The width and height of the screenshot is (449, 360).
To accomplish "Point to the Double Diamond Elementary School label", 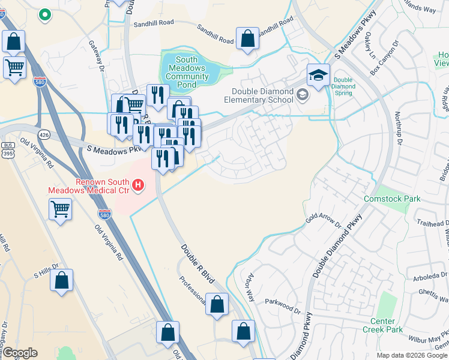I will (x=263, y=95).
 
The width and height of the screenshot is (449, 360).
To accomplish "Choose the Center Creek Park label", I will (x=382, y=325).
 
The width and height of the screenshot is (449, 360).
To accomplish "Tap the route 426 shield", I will (x=43, y=133).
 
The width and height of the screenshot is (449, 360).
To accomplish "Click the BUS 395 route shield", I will (x=8, y=150).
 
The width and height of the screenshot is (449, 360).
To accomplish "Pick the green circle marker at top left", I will (x=44, y=15).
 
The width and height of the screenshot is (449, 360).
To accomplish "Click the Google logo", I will (x=20, y=352).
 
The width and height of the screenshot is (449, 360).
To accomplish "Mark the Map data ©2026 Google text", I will (x=411, y=355).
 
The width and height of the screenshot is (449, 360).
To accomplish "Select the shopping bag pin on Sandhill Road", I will (x=247, y=39).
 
